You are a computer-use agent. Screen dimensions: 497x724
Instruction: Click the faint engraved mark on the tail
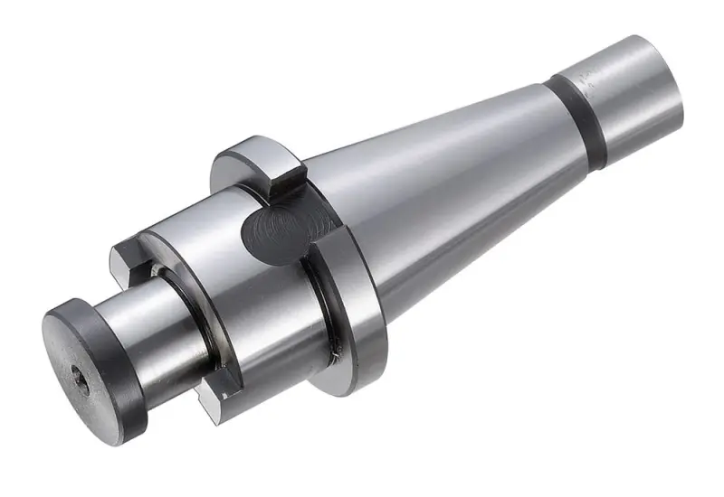[591, 79]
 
